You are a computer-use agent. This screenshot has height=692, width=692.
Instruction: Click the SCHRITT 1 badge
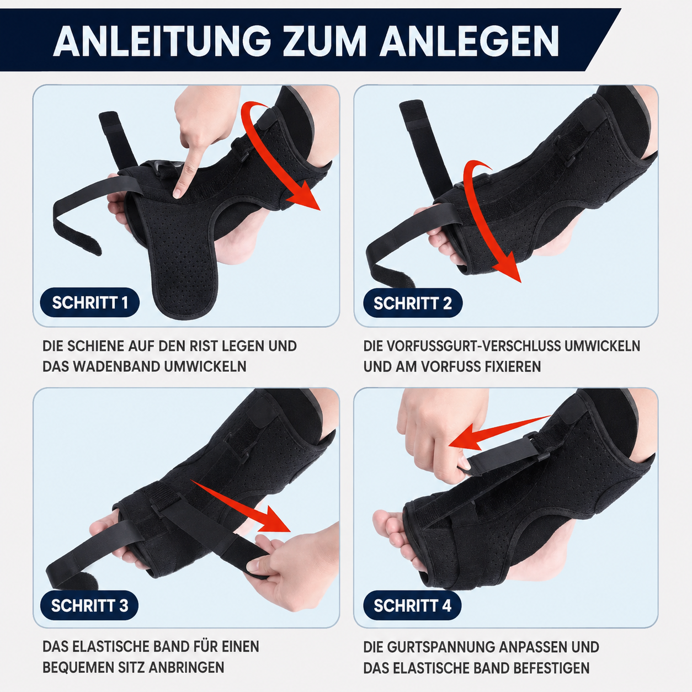click(89, 302)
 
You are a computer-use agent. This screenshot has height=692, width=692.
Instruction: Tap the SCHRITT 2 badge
click(413, 303)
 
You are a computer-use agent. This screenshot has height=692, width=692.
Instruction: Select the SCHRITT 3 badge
click(89, 605)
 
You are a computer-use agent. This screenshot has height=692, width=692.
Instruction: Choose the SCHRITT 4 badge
click(412, 605)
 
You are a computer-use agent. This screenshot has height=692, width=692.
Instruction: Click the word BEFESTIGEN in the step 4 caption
click(552, 668)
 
